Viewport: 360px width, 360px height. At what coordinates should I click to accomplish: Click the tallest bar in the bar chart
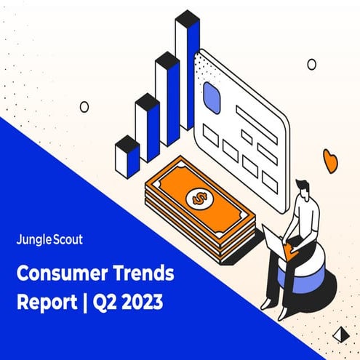tap(188, 73)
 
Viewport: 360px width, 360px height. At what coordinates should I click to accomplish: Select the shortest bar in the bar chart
tap(127, 156)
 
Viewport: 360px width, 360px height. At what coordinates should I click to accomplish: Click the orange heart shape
tap(331, 160)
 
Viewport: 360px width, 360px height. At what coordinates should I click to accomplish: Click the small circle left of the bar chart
tap(84, 107)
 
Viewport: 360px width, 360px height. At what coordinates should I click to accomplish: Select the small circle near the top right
tap(311, 64)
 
